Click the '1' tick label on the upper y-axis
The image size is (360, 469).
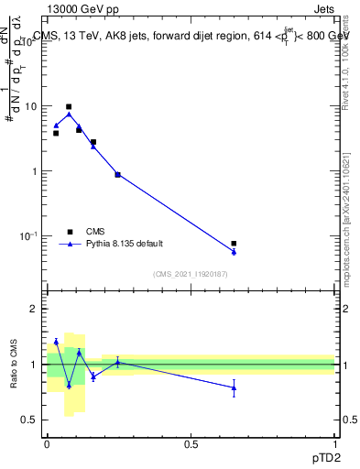coord(34,171)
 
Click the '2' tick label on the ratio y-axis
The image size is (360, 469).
coord(34,310)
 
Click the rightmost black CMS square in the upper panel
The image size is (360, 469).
coord(234,244)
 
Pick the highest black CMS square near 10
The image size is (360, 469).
coord(69,107)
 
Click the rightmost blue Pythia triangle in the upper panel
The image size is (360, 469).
coord(234,252)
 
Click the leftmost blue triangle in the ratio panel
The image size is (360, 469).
coord(56,342)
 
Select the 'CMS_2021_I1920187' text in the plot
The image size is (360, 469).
coord(191,274)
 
